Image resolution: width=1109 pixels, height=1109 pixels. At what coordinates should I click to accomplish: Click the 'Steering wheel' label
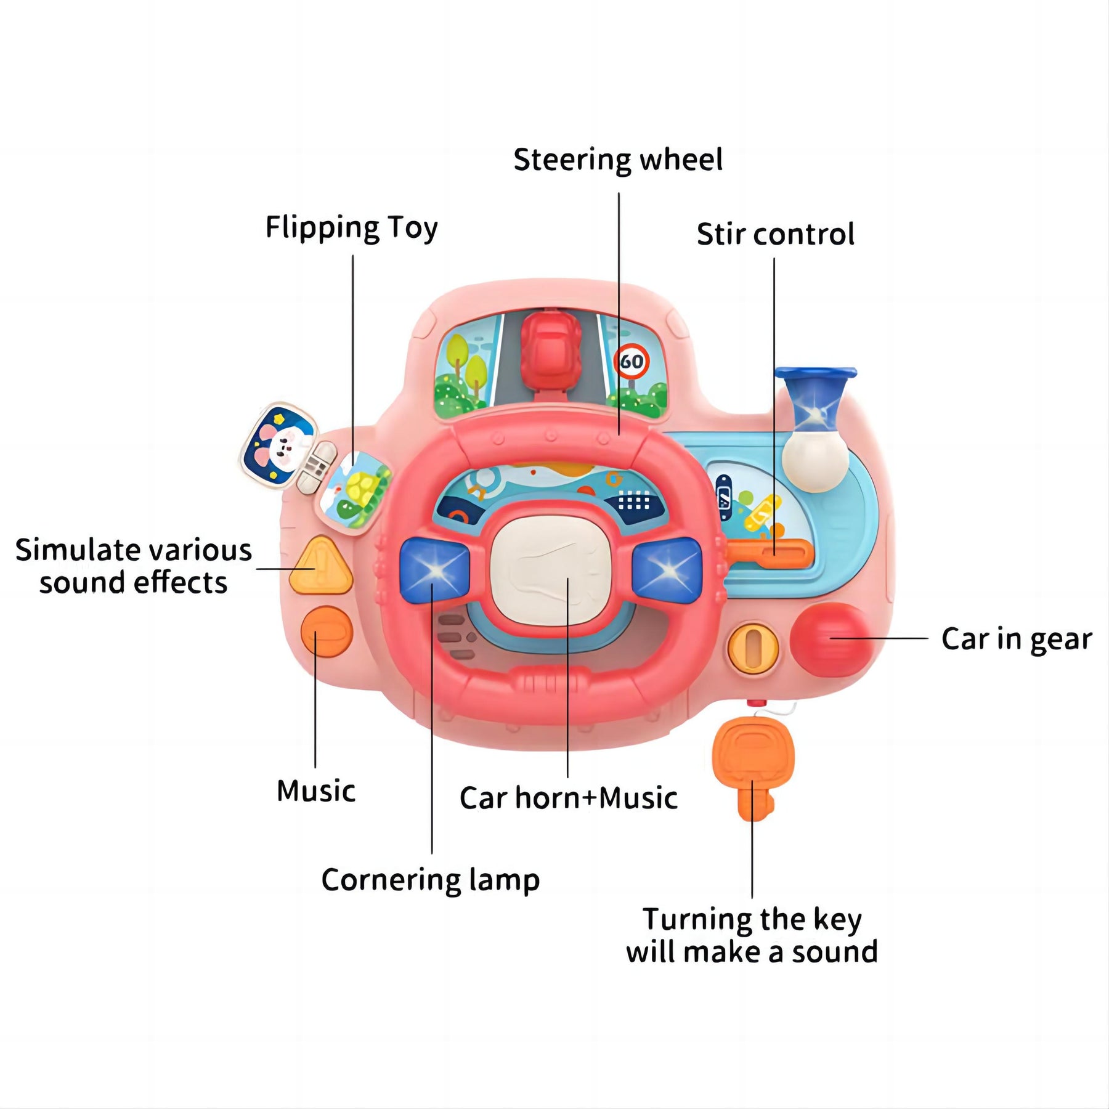coord(618,160)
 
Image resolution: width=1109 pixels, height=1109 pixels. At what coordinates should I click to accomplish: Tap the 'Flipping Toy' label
coord(351,228)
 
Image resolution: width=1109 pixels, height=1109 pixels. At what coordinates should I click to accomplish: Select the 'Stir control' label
coord(775,234)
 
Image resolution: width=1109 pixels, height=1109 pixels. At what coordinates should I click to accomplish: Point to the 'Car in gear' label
coord(1017,640)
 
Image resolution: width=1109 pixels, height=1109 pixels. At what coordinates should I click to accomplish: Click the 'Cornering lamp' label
coord(430,880)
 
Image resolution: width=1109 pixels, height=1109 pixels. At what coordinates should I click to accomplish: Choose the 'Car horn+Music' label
coord(568,798)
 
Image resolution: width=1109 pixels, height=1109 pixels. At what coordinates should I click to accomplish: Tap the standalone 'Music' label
coord(316,791)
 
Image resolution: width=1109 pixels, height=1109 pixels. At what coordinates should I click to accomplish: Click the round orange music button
coord(327,632)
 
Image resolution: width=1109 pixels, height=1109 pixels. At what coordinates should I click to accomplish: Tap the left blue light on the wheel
coord(434,569)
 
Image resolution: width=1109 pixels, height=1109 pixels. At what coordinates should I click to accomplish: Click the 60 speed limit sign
coord(632,362)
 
